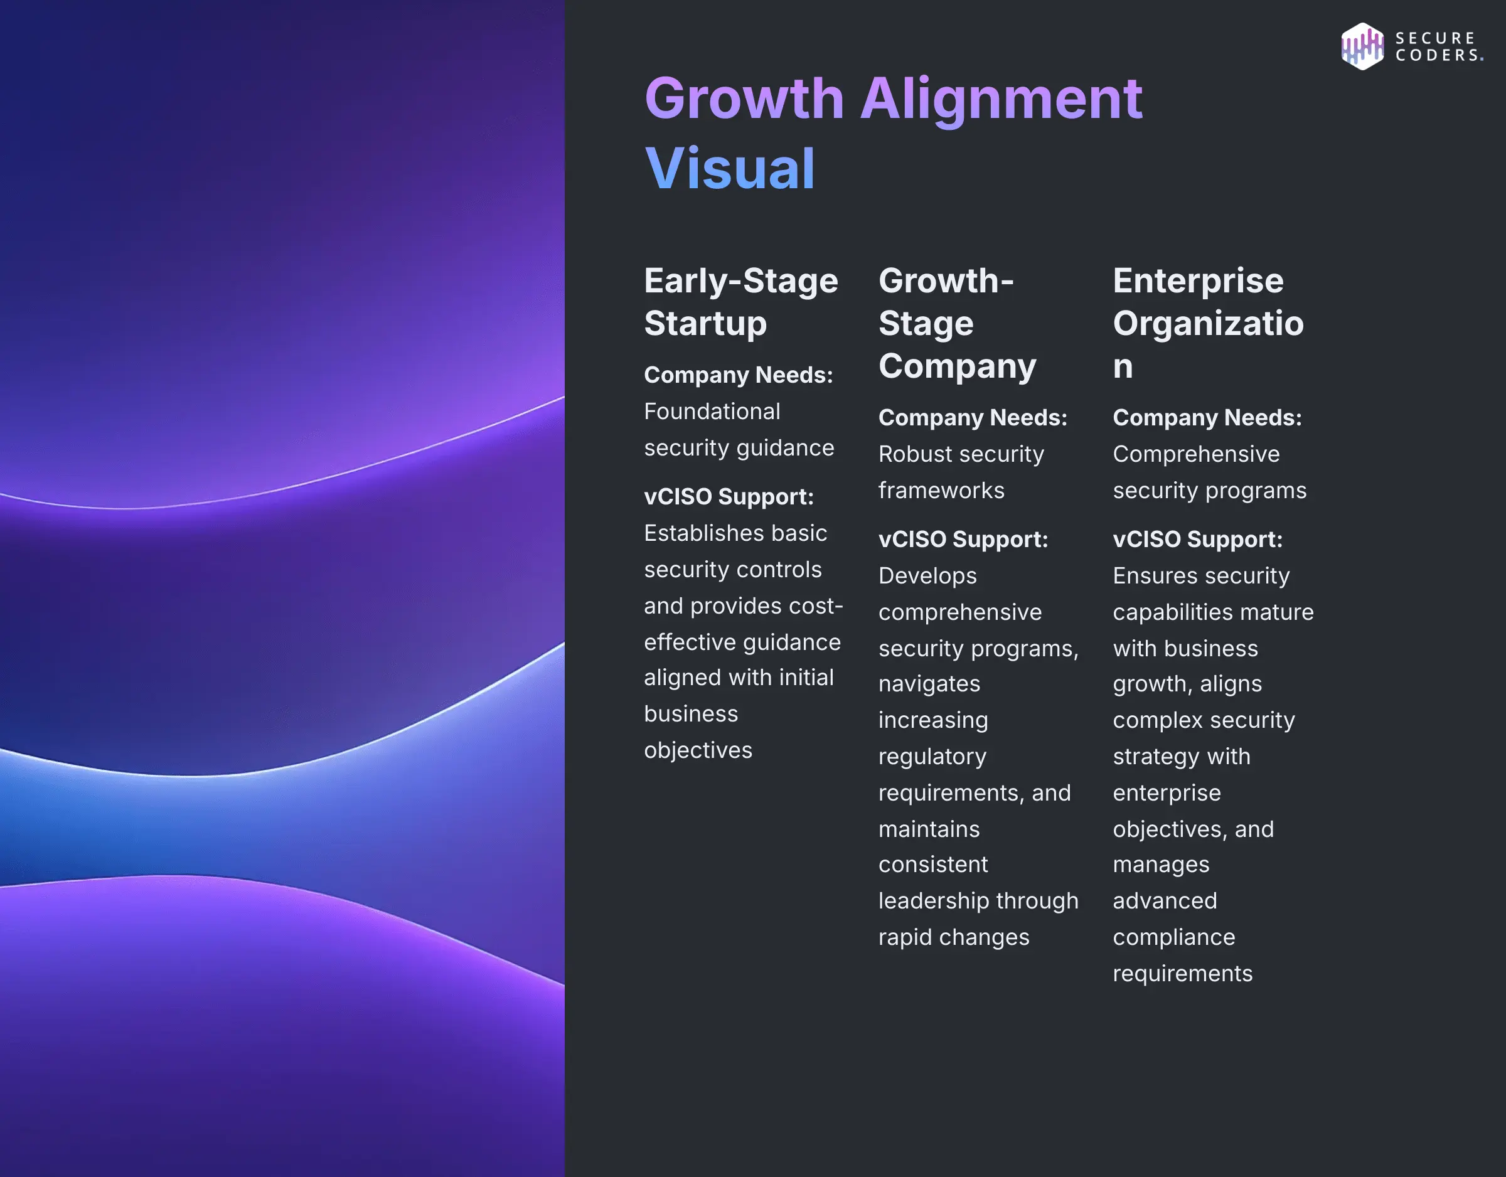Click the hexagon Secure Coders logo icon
click(x=1362, y=46)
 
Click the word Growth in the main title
click(x=744, y=99)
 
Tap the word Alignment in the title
click(x=1001, y=99)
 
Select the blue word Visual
click(x=730, y=169)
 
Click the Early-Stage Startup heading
click(x=740, y=302)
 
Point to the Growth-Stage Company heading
click(x=956, y=322)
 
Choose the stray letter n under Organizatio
click(x=1123, y=366)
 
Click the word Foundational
click(x=712, y=412)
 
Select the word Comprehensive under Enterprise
click(x=1195, y=454)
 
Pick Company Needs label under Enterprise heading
click(x=1207, y=418)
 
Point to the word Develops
click(x=927, y=576)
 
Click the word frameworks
click(x=941, y=490)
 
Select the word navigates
click(x=929, y=684)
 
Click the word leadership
click(x=932, y=901)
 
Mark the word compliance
click(x=1173, y=937)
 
